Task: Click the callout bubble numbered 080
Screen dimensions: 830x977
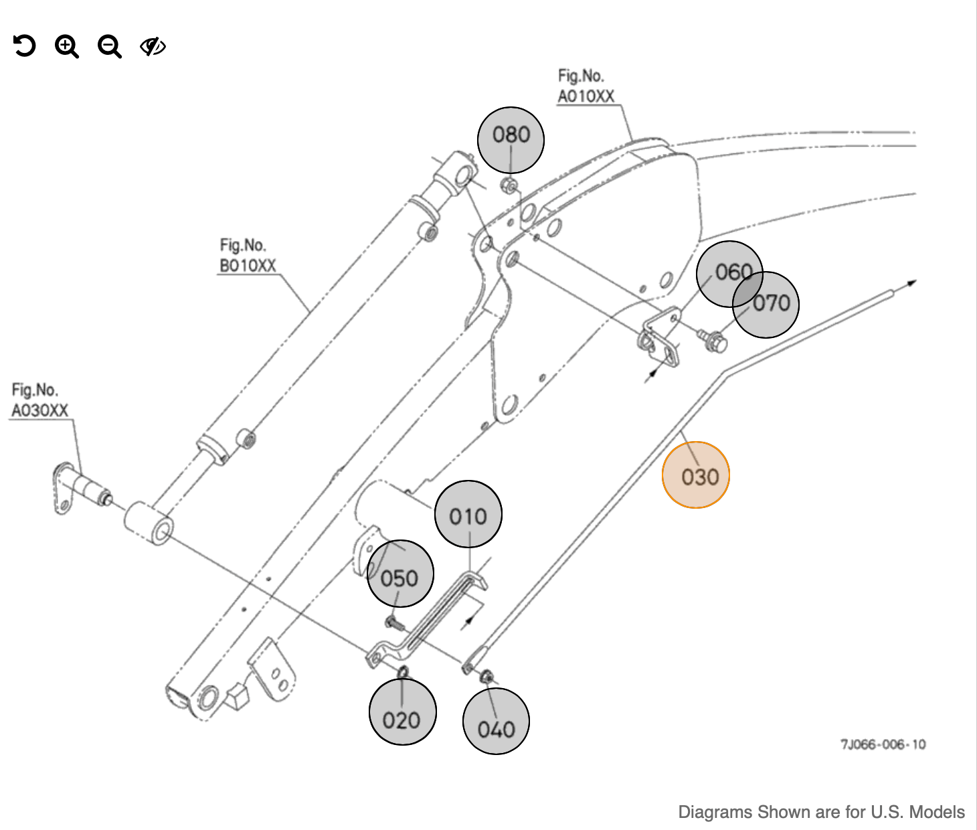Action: (511, 140)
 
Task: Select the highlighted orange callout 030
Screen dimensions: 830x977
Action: (696, 475)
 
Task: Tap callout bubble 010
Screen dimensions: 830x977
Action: (468, 514)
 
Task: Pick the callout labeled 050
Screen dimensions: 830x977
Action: (400, 574)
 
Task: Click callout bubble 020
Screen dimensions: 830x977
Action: (402, 712)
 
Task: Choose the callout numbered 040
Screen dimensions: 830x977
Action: (497, 722)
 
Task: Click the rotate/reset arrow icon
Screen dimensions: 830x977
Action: (24, 46)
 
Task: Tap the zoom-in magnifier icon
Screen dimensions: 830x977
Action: (66, 47)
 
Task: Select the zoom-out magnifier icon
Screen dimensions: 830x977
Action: (109, 47)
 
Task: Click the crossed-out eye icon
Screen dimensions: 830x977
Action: (153, 46)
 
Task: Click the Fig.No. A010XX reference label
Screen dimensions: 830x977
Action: (586, 86)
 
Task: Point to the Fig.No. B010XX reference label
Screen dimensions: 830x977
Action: (248, 256)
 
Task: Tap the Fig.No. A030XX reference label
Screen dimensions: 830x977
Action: (39, 400)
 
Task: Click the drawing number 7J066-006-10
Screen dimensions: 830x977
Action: (883, 744)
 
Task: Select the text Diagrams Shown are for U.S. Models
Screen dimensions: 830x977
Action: (821, 812)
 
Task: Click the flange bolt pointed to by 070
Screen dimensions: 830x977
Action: (713, 340)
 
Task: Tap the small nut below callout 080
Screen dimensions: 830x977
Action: (509, 186)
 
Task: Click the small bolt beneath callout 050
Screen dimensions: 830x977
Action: (394, 624)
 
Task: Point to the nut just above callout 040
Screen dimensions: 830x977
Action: (487, 677)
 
